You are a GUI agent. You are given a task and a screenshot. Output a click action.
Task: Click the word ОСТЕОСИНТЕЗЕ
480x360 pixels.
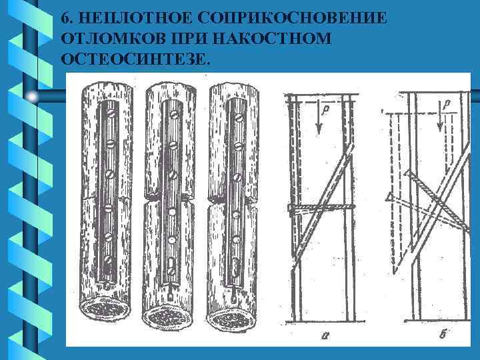pyautogui.click(x=134, y=59)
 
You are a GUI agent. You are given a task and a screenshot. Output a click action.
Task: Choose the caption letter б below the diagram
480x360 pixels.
pyautogui.click(x=443, y=335)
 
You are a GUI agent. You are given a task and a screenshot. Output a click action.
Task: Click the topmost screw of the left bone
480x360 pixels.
pyautogui.click(x=109, y=114)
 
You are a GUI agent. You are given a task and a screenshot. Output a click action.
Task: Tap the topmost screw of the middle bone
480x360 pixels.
pyautogui.click(x=173, y=115)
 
